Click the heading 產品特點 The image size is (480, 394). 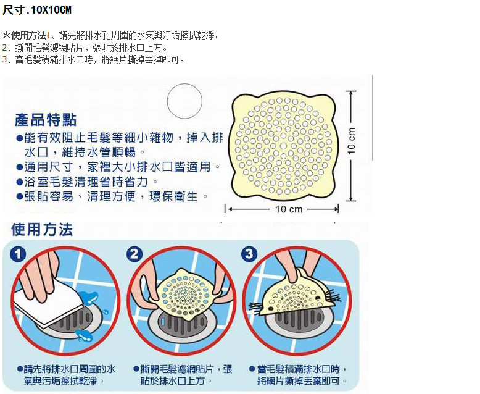coord(47,119)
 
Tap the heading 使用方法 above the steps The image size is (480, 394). coord(42,230)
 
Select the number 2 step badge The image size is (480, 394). coord(135,254)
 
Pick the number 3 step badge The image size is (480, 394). coord(249,254)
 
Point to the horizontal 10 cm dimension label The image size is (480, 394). coord(289,209)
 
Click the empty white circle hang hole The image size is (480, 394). coord(184,102)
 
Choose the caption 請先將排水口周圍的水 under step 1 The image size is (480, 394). coord(69,369)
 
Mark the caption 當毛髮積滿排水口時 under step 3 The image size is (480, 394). coord(302,369)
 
